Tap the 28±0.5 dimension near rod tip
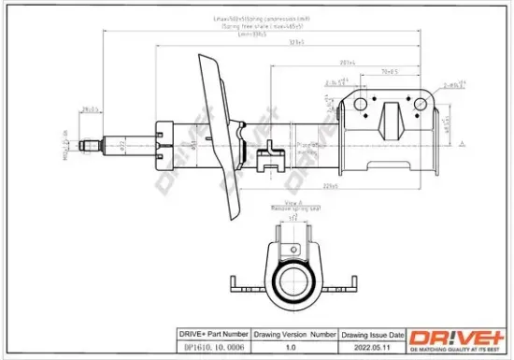tap(91, 110)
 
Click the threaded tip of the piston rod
tap(90, 144)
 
